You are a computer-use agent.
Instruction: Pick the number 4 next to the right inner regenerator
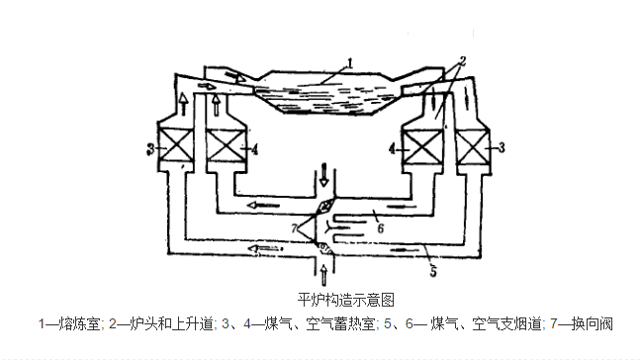[392, 149]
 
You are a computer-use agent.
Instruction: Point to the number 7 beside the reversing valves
[293, 228]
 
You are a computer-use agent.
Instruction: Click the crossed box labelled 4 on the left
[226, 147]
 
